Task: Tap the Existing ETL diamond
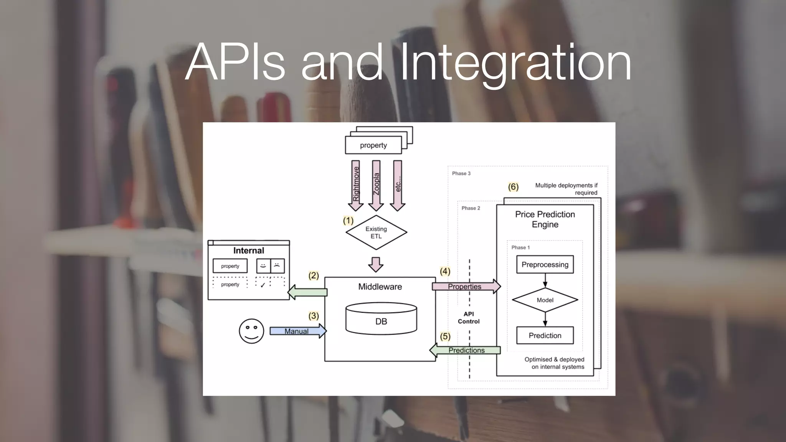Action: pos(376,233)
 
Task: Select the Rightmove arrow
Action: pos(356,185)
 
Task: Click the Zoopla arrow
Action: pos(376,185)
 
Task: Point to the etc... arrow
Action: pos(398,185)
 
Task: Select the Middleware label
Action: pos(380,287)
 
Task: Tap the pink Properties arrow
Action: pos(466,287)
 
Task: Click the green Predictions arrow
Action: pos(466,350)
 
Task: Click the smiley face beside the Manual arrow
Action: pos(251,331)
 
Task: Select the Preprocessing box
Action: pos(545,264)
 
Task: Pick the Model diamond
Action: pos(545,300)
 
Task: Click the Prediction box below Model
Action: pos(545,335)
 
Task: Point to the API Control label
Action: pos(469,318)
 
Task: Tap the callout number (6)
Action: pos(513,187)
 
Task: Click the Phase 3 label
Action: pos(461,173)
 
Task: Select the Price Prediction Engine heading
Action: pos(545,219)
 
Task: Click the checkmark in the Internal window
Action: pos(263,285)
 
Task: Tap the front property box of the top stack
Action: pos(373,145)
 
